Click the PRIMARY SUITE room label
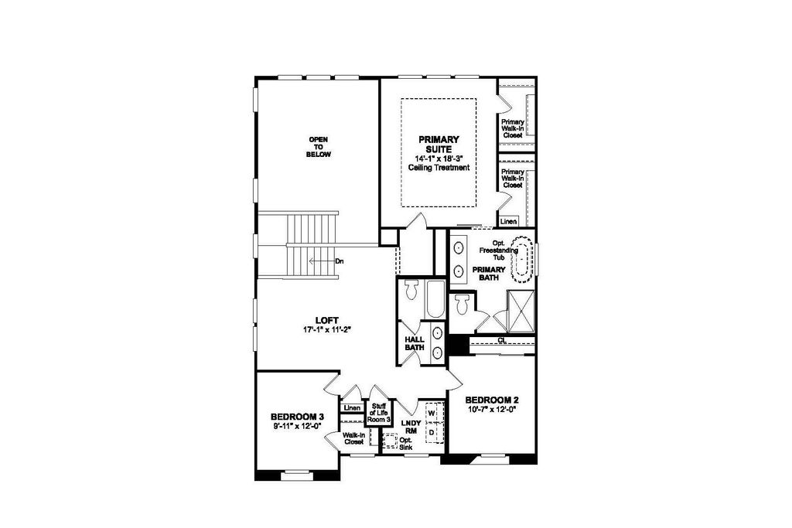click(439, 145)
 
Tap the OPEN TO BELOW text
click(319, 147)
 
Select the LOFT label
click(327, 321)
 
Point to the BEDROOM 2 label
click(492, 400)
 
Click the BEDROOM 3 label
click(297, 417)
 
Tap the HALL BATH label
click(415, 343)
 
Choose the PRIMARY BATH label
click(489, 274)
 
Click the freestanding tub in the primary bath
click(522, 260)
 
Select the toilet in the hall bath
click(411, 290)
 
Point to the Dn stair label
click(339, 261)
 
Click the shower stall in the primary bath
click(521, 311)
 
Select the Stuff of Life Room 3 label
click(379, 412)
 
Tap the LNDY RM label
click(411, 427)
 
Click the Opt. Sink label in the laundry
click(405, 444)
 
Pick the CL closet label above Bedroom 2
click(501, 341)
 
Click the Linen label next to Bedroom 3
click(352, 408)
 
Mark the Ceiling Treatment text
click(439, 168)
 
